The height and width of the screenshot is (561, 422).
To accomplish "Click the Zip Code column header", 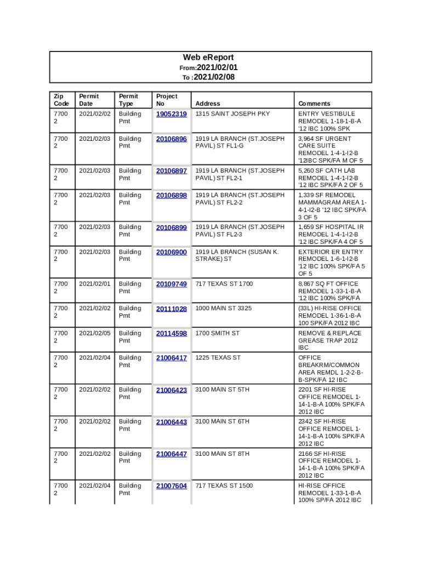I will (x=61, y=100).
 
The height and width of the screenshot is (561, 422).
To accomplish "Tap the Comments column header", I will (x=314, y=104).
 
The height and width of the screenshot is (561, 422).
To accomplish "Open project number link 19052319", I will (x=172, y=114).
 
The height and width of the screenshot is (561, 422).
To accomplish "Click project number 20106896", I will (x=172, y=139).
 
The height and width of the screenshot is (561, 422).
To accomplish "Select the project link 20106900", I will (x=172, y=252).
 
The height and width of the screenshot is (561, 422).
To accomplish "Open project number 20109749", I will (x=172, y=284).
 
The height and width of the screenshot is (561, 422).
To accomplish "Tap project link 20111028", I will (x=172, y=309).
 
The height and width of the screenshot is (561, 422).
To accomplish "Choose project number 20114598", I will (x=172, y=333).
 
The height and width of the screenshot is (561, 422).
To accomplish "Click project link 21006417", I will (x=172, y=358).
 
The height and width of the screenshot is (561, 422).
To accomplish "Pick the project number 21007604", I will (x=172, y=486).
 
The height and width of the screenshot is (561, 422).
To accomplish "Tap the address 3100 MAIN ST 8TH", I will (x=222, y=454).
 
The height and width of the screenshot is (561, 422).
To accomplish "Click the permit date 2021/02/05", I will (x=95, y=333).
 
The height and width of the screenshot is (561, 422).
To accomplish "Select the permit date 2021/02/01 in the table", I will (x=95, y=284).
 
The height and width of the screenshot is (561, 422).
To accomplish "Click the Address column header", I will (x=208, y=104).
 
